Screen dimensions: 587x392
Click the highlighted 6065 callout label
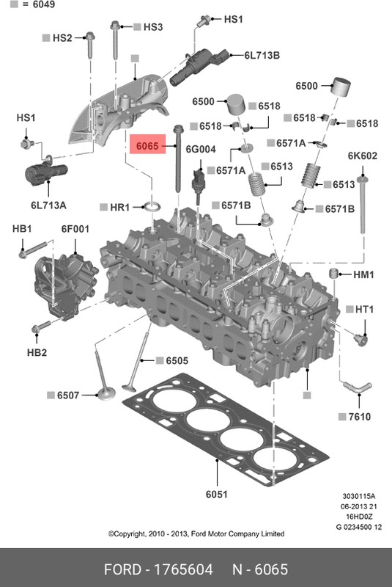click(144, 147)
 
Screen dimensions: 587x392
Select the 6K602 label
click(362, 156)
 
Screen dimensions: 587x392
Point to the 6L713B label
click(262, 55)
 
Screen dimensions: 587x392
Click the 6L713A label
click(48, 205)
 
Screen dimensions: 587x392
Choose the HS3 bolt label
click(152, 27)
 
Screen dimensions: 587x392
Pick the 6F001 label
click(75, 229)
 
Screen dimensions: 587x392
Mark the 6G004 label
click(201, 149)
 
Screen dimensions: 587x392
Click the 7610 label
click(359, 417)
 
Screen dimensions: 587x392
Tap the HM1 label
click(363, 274)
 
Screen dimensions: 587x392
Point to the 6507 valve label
click(67, 396)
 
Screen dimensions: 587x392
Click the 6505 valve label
click(177, 360)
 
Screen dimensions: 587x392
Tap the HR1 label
click(119, 208)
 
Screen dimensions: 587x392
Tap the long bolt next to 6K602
click(363, 205)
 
